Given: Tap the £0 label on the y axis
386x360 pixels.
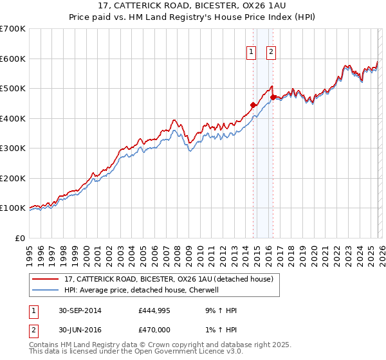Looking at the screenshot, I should [x=20, y=238].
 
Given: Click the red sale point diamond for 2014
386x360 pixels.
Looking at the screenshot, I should [x=253, y=105].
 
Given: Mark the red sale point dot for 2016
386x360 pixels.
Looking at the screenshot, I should [x=273, y=98].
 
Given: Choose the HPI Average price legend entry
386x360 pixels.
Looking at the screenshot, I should [x=142, y=290].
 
